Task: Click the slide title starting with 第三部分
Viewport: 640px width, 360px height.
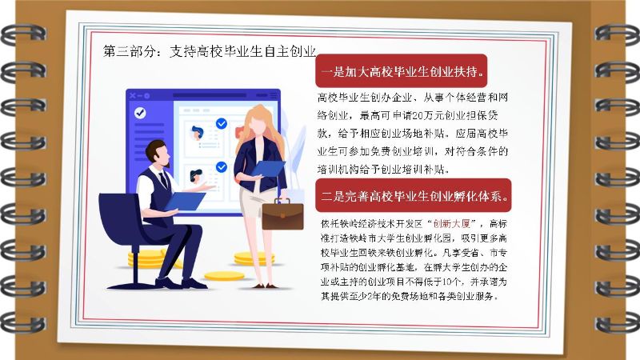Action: (210, 51)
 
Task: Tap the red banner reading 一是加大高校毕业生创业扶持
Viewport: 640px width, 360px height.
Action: (402, 71)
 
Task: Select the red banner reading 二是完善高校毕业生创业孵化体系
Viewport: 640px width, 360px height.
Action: (413, 195)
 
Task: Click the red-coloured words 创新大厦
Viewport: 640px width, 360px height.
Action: (452, 224)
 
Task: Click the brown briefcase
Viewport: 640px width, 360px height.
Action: (282, 214)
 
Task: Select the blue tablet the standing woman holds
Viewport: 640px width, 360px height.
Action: (268, 168)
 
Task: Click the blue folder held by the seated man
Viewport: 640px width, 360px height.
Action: (186, 201)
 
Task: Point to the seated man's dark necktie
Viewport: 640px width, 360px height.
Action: (164, 180)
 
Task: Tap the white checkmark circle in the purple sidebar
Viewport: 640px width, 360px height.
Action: (140, 113)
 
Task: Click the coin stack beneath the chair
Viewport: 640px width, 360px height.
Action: (147, 259)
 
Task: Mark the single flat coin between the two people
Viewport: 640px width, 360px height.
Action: (224, 276)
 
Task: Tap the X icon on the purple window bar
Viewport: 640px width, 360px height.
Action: (132, 95)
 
